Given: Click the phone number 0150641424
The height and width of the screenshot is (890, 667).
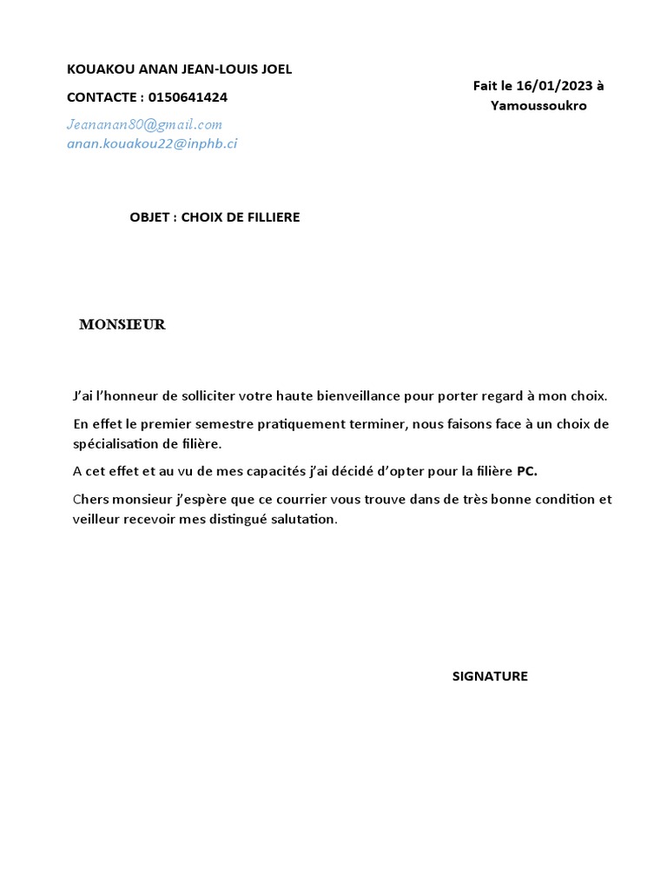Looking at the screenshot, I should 188,97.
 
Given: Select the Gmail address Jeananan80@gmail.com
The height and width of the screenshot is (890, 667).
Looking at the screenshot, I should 144,124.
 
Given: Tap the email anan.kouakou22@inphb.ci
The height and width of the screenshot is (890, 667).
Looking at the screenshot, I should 152,144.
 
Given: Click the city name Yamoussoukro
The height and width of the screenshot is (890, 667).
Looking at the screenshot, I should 538,106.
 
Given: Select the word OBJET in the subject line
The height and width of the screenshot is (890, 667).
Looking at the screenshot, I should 151,217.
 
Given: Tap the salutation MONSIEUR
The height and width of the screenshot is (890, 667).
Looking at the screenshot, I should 122,325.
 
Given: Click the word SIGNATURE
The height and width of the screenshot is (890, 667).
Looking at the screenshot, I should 490,676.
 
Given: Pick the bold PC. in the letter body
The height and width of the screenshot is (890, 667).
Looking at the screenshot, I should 527,472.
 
